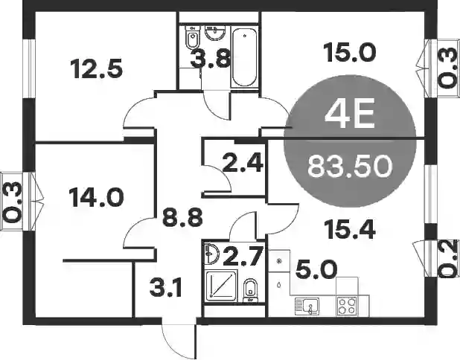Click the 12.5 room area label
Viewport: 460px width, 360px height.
click(96, 69)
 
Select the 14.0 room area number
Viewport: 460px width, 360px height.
click(95, 198)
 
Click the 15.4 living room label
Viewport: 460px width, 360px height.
click(349, 229)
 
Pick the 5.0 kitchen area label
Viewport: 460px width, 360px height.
click(315, 270)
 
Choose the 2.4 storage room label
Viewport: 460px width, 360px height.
click(243, 163)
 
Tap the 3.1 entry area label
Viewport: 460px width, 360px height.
click(166, 287)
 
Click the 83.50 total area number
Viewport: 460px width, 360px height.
click(350, 166)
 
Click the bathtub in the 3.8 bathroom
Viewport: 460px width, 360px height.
click(245, 57)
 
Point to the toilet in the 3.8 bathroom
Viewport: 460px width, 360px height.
click(193, 37)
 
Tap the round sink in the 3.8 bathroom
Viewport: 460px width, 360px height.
click(215, 33)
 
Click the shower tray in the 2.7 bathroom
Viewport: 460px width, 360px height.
click(220, 285)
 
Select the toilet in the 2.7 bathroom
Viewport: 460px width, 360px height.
click(251, 290)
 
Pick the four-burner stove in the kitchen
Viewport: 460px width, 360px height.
click(348, 306)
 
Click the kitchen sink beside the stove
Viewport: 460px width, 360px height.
click(307, 306)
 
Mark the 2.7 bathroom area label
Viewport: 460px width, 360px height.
click(242, 256)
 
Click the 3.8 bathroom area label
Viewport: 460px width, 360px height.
click(209, 58)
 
